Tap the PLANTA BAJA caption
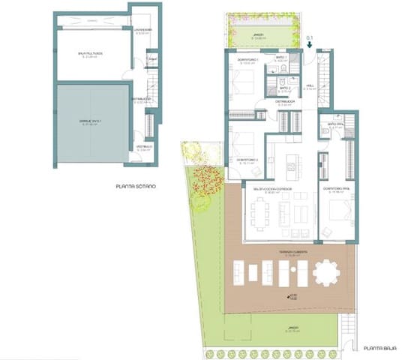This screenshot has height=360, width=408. coord(380,349)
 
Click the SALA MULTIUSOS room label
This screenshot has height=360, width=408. coord(89,54)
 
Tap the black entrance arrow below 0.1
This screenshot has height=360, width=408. coord(310,43)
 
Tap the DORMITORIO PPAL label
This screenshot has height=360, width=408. coord(337,188)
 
